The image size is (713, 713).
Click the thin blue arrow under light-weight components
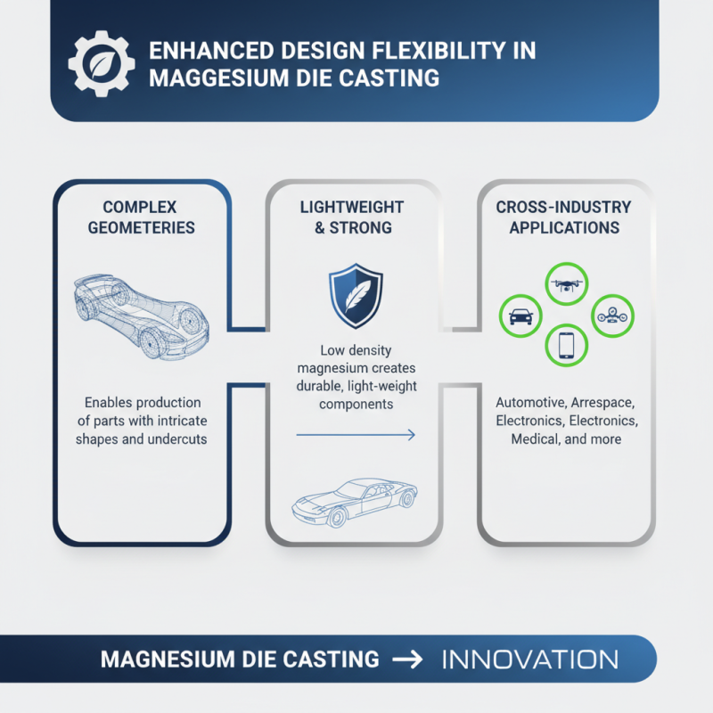355,435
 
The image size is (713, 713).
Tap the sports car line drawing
355,503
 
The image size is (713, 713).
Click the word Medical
536,439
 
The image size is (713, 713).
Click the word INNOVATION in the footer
529,660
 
